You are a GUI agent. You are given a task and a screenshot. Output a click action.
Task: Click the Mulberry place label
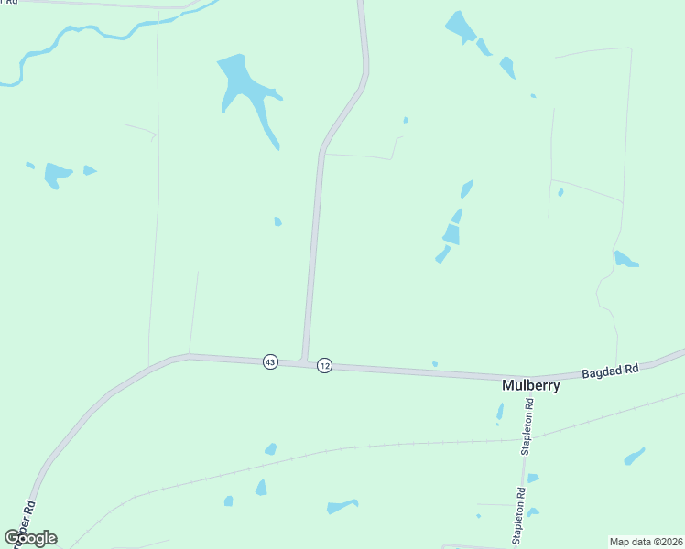click(530, 385)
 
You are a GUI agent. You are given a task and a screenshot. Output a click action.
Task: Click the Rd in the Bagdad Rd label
click(631, 367)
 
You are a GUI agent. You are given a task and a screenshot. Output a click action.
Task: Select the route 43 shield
click(269, 362)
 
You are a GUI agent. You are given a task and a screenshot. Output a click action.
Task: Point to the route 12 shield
click(324, 366)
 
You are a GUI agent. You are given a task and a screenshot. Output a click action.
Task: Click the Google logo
click(30, 537)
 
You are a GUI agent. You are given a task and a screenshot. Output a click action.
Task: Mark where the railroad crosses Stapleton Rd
click(534, 437)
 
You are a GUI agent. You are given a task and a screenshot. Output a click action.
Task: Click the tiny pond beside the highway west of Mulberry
click(435, 364)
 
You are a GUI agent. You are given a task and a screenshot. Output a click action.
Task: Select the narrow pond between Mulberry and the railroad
click(500, 412)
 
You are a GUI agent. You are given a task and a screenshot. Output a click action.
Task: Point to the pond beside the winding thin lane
click(625, 260)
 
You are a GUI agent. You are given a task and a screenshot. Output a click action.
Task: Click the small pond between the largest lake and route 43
click(277, 221)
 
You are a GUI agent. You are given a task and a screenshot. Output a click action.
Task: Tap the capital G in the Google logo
click(12, 537)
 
